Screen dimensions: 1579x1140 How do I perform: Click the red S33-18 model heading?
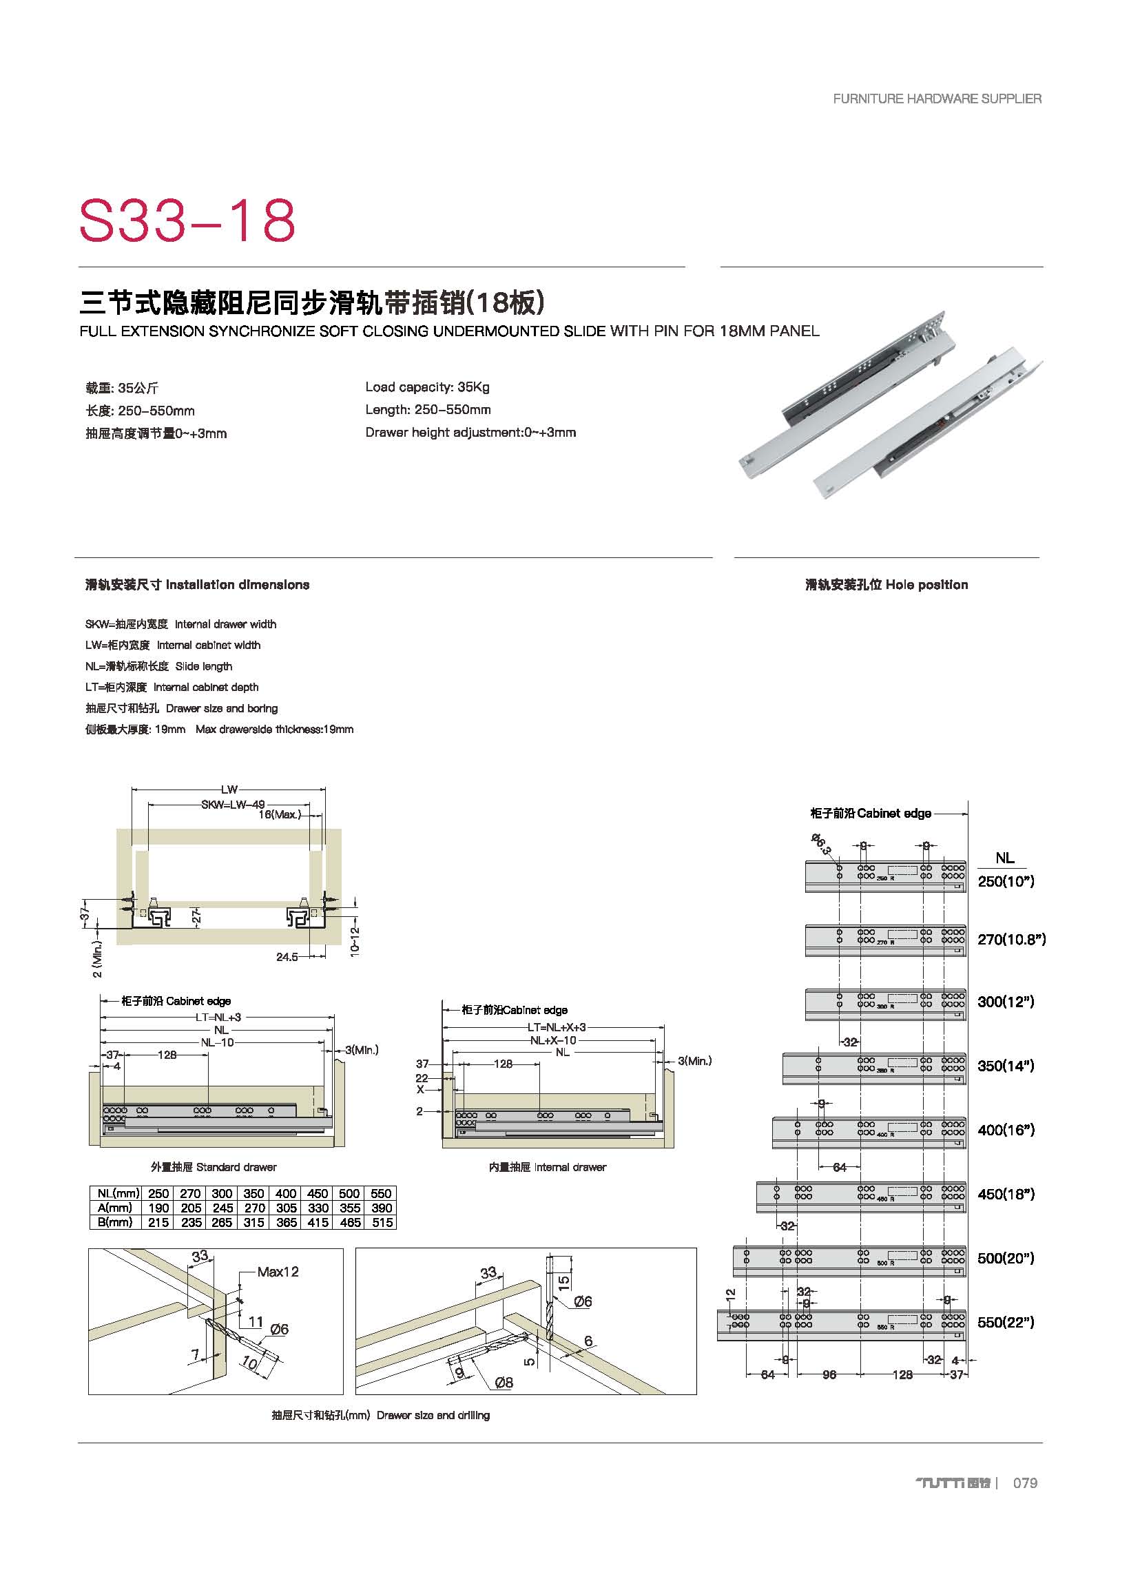(187, 220)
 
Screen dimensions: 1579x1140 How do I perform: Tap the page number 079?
(1024, 1483)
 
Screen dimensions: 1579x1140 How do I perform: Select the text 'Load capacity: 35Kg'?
(427, 387)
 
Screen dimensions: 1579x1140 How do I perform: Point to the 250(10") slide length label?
(1006, 881)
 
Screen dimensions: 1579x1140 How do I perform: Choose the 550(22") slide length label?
(1006, 1322)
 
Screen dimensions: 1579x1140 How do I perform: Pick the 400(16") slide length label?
(1006, 1130)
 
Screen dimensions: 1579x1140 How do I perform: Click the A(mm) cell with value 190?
(158, 1208)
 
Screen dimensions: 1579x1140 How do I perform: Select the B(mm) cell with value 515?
(382, 1223)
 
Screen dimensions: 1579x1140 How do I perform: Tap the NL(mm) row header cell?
(116, 1193)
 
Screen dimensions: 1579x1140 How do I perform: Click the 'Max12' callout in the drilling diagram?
(278, 1272)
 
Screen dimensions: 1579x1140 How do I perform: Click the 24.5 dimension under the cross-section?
(287, 957)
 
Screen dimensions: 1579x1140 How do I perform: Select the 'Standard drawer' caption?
(214, 1167)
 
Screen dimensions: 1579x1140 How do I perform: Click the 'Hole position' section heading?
(886, 585)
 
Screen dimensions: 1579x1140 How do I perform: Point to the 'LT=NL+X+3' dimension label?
(556, 1028)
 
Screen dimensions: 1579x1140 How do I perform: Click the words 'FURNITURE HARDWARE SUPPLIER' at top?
(937, 99)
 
